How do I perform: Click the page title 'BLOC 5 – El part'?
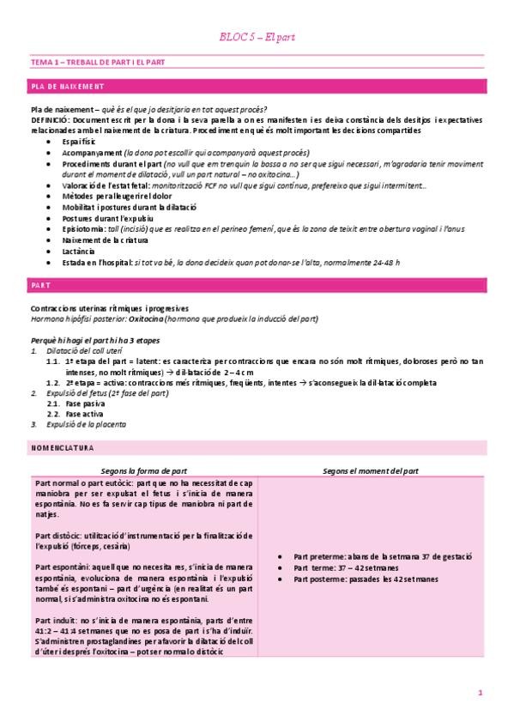tap(257, 37)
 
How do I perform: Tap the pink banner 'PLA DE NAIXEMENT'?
tap(67, 87)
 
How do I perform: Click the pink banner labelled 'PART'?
tap(41, 283)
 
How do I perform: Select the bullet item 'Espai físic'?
tap(82, 139)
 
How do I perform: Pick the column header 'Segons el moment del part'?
tap(370, 470)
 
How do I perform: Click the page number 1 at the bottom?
tap(481, 691)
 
